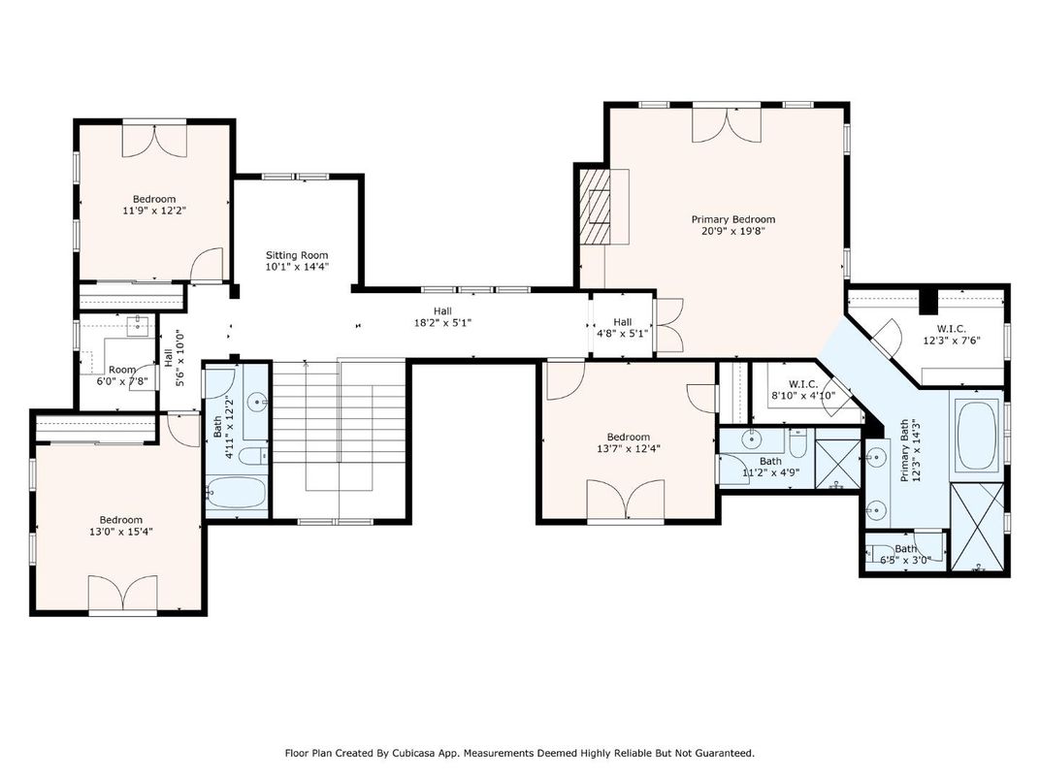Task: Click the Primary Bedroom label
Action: coord(732,219)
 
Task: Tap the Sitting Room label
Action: coord(297,255)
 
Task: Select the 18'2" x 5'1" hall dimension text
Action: coord(442,323)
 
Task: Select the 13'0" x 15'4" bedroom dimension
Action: coord(120,532)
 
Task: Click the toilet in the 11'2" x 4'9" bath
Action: coord(797,441)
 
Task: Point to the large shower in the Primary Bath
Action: coord(977,527)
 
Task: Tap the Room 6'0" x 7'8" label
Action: coord(122,375)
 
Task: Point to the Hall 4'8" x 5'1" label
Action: coord(622,328)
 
